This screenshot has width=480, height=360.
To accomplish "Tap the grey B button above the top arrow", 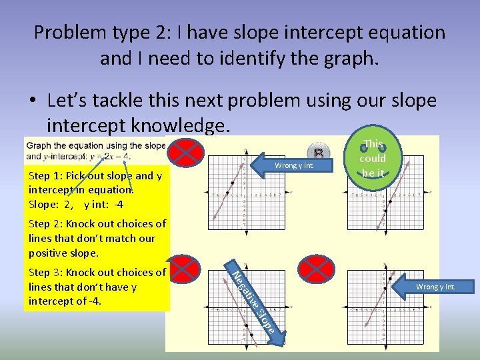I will (318, 151).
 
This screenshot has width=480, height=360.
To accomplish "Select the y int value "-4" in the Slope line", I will (117, 204).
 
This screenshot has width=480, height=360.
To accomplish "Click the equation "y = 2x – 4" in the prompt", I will (113, 157).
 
